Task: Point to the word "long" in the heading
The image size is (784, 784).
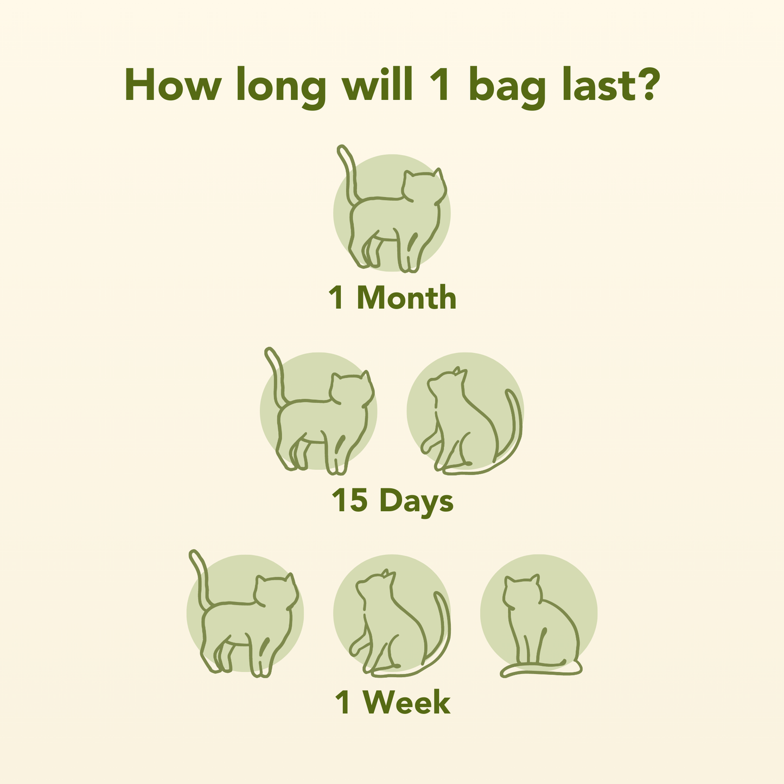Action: click(281, 88)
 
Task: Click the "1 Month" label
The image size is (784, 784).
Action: click(392, 298)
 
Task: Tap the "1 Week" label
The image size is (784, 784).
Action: click(392, 703)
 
